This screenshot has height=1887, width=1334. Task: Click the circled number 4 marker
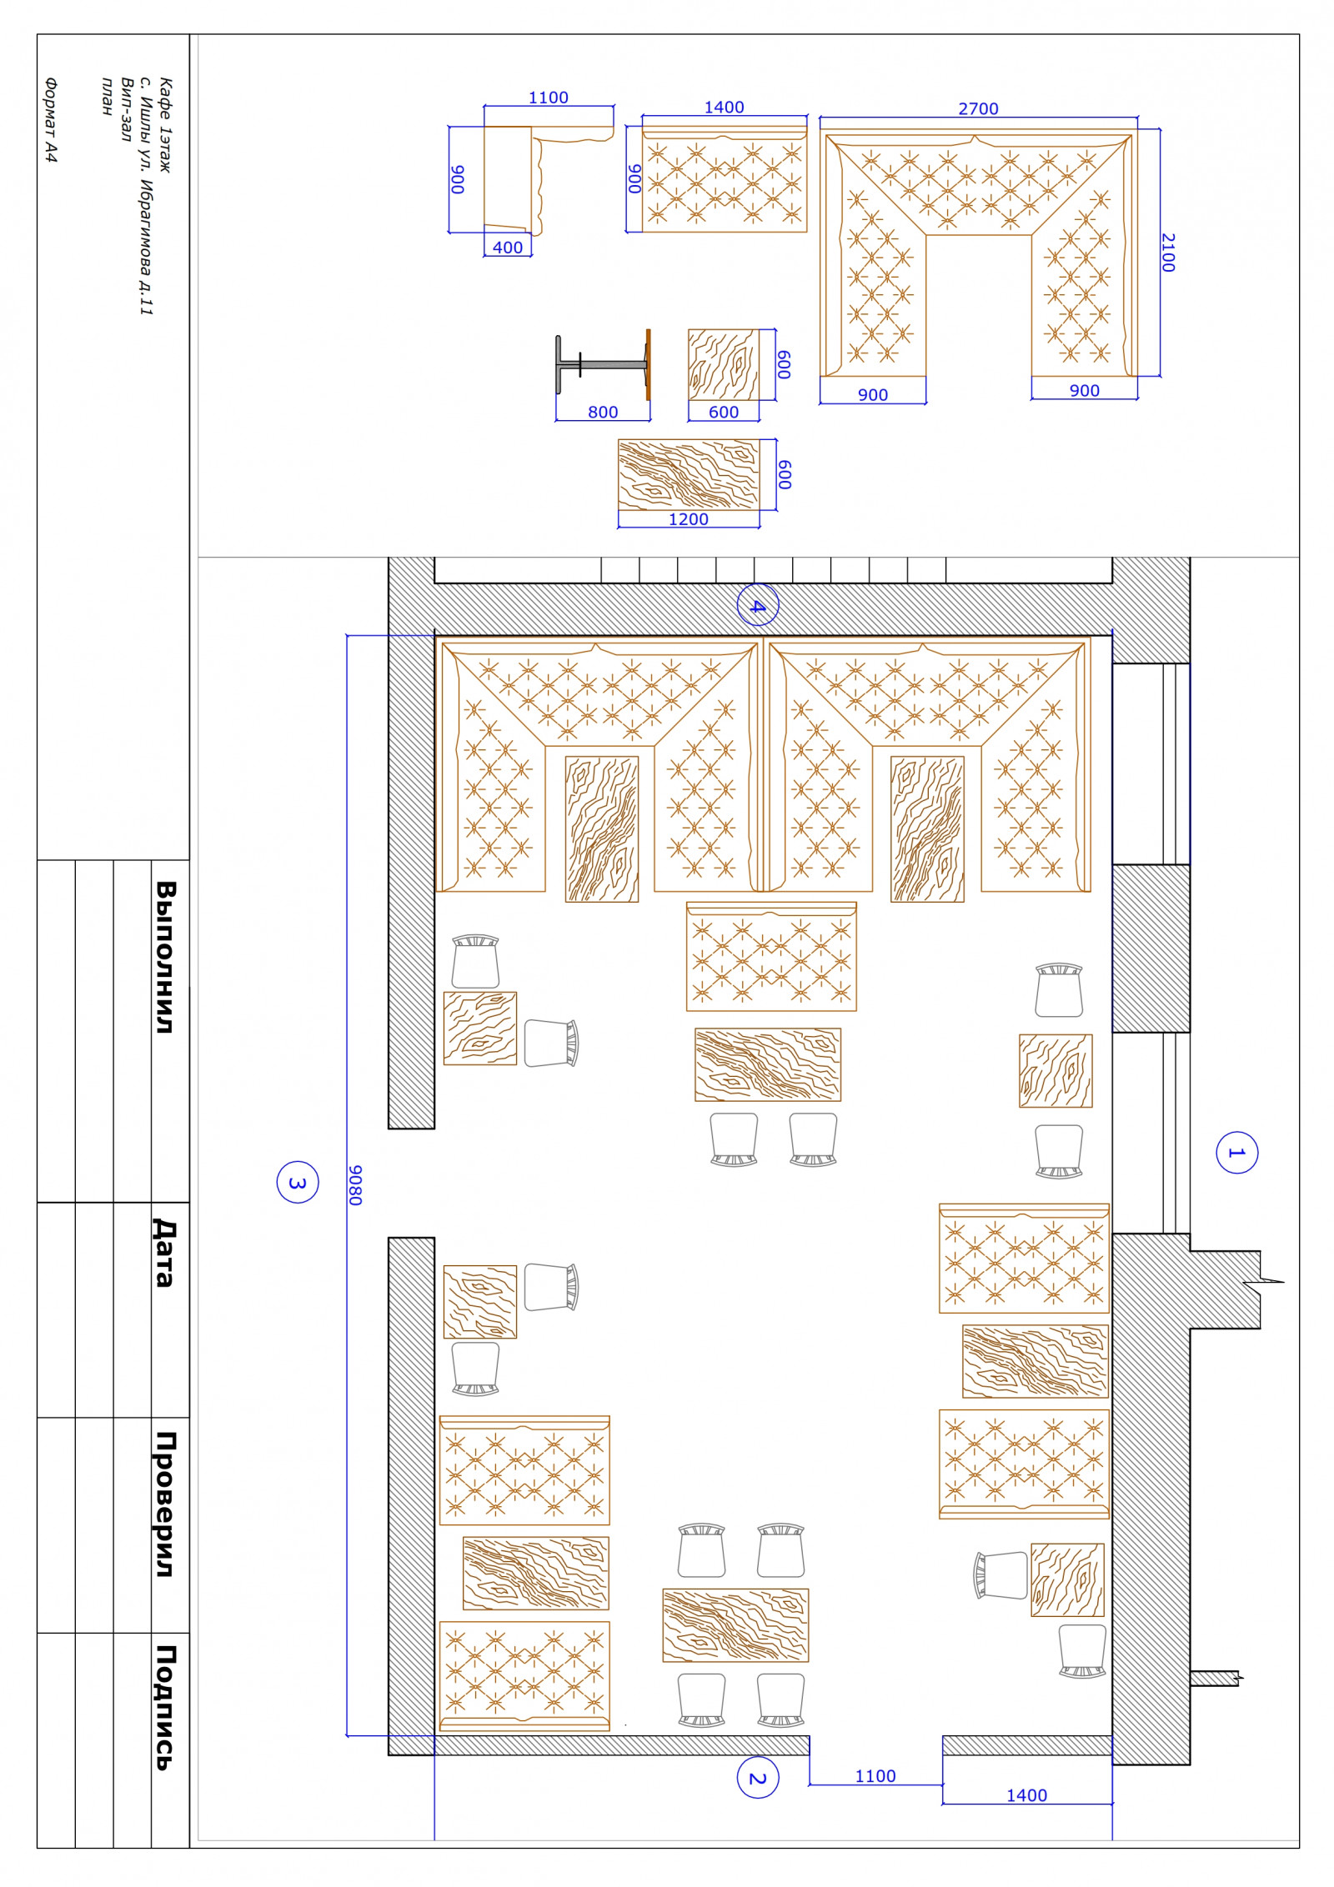click(758, 606)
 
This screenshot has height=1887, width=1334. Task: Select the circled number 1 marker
click(1236, 1153)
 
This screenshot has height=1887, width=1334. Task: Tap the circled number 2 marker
click(758, 1778)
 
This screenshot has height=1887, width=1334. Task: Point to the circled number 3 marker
click(298, 1183)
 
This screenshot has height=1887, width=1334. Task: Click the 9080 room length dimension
click(356, 1184)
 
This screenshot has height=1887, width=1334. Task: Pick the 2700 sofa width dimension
click(978, 109)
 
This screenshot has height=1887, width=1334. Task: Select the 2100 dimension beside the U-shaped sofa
click(1168, 253)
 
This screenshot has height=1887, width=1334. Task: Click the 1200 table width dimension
click(689, 519)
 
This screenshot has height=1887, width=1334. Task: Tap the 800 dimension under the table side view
click(603, 412)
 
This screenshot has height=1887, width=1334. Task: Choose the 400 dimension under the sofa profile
click(508, 248)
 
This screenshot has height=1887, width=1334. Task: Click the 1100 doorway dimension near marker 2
click(875, 1776)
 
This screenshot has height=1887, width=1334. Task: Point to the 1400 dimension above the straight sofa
click(724, 108)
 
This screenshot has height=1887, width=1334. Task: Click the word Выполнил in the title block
click(166, 957)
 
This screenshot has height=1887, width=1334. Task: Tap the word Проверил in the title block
click(166, 1504)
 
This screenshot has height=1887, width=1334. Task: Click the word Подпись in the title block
click(165, 1708)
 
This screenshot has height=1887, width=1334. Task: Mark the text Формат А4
click(52, 120)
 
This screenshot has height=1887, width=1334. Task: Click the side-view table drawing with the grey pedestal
click(603, 364)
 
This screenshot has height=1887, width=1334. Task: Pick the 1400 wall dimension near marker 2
click(1026, 1795)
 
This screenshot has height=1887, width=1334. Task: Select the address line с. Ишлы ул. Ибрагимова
click(146, 196)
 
